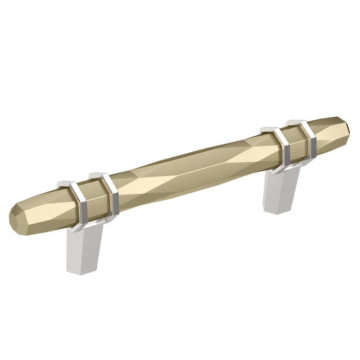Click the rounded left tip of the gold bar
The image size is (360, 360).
click(15, 219)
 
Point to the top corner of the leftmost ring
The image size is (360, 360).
click(65, 182)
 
